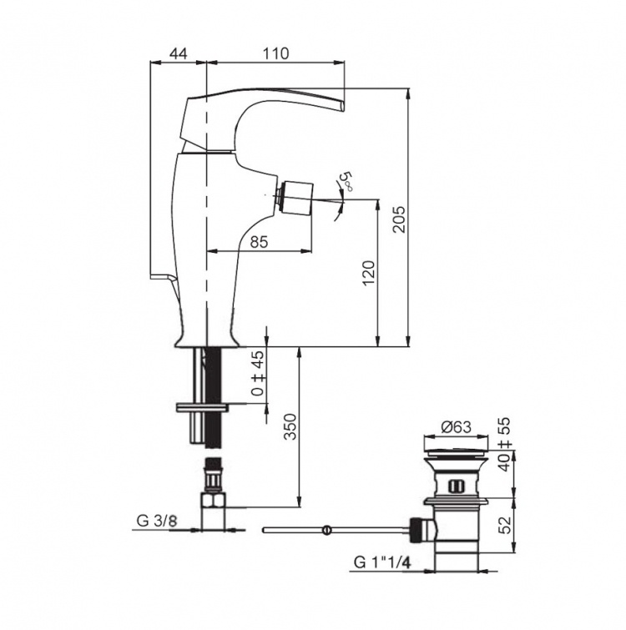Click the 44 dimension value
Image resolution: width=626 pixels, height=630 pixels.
178,54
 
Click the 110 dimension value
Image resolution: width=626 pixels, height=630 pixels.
276,53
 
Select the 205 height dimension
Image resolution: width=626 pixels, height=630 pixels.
399,219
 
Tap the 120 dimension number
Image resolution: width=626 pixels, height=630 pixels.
368,273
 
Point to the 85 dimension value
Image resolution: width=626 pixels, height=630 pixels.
259,242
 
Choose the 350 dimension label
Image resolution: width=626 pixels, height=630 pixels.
290,426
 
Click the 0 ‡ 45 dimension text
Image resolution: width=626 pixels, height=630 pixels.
259,373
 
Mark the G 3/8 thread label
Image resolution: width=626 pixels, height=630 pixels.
157,522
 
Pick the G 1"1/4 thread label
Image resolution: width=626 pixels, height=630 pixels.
382,562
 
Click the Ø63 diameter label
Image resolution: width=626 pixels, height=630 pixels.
456,426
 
